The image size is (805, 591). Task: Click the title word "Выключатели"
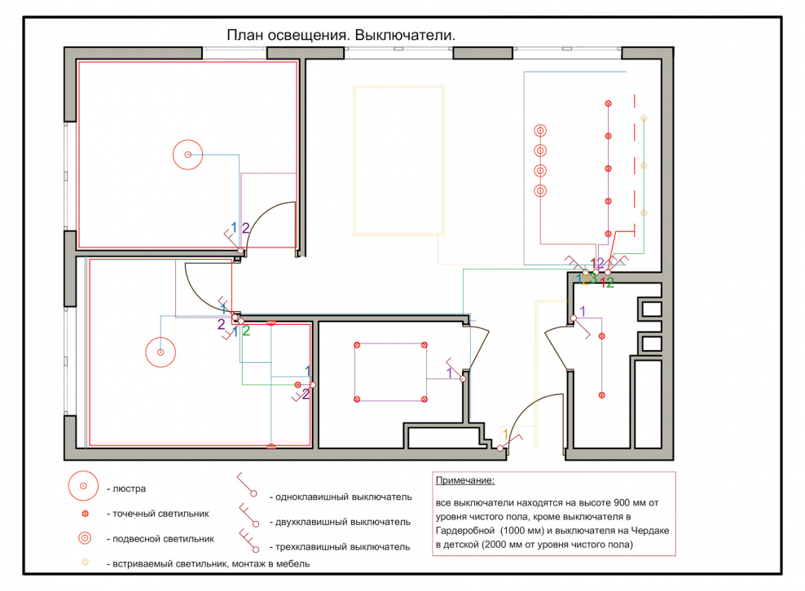pyautogui.click(x=405, y=35)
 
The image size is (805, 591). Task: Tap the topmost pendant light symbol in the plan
pyautogui.click(x=540, y=130)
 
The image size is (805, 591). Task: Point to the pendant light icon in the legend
pyautogui.click(x=85, y=538)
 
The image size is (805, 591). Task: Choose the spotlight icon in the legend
pyautogui.click(x=86, y=514)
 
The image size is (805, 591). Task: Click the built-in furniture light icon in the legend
pyautogui.click(x=86, y=563)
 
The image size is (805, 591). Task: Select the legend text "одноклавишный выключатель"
pyautogui.click(x=344, y=497)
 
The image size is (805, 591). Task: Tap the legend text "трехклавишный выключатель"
pyautogui.click(x=342, y=547)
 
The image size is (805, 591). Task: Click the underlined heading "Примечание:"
pyautogui.click(x=465, y=481)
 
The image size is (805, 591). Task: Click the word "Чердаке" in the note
pyautogui.click(x=650, y=531)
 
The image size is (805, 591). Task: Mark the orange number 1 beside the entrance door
pyautogui.click(x=505, y=435)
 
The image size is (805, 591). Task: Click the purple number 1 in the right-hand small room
pyautogui.click(x=583, y=311)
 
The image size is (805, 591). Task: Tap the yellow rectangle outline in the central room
pyautogui.click(x=354, y=160)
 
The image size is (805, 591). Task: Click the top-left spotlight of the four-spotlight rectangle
pyautogui.click(x=358, y=345)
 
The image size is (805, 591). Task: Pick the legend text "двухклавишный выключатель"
pyautogui.click(x=343, y=523)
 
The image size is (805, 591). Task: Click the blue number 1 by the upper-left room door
pyautogui.click(x=234, y=227)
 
